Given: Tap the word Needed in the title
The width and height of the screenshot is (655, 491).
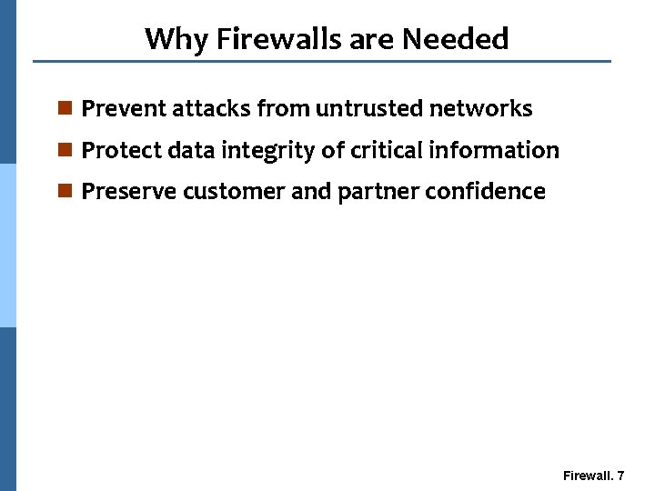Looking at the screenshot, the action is tap(455, 39).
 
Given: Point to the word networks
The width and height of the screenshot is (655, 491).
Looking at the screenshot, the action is tap(480, 109).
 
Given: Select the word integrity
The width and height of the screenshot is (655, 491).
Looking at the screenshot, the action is tap(267, 151).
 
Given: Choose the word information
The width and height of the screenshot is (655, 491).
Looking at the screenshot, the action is tap(494, 150).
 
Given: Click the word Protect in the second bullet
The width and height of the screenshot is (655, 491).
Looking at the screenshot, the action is tap(121, 150).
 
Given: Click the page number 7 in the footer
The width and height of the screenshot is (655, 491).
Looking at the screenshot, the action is tap(620, 476).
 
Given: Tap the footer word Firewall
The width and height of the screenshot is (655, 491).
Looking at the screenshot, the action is tap(587, 476).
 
